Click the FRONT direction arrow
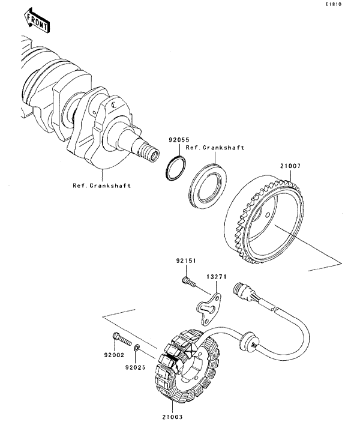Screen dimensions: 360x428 [x=36, y=21]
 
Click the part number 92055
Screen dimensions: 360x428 [x=179, y=140]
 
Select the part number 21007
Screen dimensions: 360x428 [x=290, y=166]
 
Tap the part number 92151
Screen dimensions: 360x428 [x=186, y=261]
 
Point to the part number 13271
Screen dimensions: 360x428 [x=217, y=277]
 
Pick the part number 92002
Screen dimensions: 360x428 [x=114, y=355]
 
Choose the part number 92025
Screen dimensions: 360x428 [x=136, y=367]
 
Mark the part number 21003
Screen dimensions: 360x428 [x=172, y=417]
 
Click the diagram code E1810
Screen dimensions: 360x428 [x=333, y=4]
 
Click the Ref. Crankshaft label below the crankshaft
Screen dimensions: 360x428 [x=102, y=185]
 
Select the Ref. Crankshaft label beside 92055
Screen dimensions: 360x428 [x=215, y=148]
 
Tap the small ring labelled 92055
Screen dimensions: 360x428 [x=176, y=168]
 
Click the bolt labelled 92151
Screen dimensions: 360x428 [x=188, y=282]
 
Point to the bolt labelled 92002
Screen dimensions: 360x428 [x=122, y=338]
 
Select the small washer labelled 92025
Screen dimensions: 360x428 [x=137, y=348]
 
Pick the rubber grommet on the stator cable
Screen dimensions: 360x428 [x=247, y=340]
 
